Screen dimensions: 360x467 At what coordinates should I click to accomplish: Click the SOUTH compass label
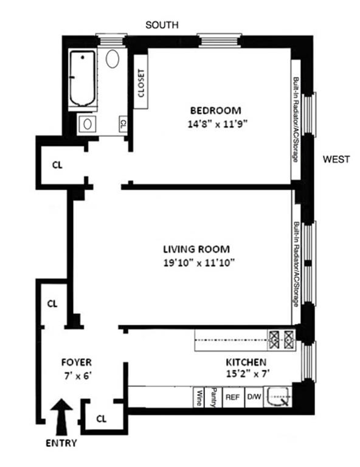162,25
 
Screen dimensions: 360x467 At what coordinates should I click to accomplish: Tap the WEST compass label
336,159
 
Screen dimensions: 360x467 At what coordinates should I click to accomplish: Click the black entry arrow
61,418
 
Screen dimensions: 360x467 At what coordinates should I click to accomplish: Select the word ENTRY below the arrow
61,443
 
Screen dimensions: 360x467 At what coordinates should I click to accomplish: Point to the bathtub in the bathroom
83,78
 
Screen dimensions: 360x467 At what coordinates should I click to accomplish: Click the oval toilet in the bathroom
112,58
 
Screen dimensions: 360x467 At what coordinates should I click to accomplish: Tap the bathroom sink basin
87,124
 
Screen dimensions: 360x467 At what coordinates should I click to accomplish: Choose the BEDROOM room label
216,111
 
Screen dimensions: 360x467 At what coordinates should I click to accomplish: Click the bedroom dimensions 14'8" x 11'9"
218,123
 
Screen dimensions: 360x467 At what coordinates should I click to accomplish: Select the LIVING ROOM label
196,249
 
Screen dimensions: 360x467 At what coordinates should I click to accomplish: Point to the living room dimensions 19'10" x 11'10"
199,263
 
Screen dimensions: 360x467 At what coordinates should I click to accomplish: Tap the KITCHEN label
246,362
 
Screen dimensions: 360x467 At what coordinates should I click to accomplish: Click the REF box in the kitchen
233,397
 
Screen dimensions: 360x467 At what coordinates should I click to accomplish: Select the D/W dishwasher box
254,397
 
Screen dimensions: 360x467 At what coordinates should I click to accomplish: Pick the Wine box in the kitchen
199,397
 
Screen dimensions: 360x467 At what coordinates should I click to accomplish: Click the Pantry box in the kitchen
213,397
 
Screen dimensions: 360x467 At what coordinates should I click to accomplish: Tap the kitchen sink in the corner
278,397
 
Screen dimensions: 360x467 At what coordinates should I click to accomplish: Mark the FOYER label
77,362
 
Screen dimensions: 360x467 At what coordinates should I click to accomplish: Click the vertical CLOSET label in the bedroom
141,83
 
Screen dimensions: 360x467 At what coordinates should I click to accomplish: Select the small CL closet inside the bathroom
123,123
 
